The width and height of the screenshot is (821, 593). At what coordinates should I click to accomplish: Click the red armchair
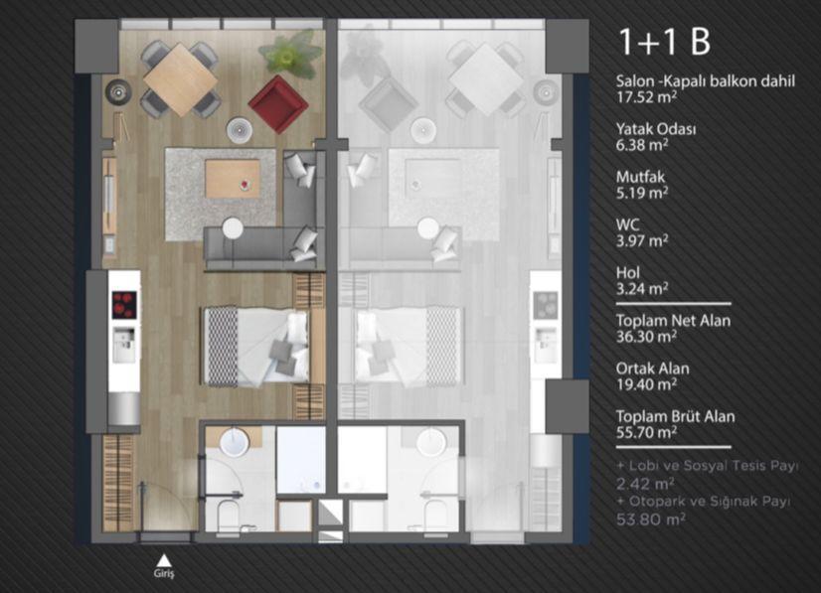(x=277, y=104)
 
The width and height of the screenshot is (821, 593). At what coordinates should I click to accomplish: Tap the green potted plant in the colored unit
(x=289, y=53)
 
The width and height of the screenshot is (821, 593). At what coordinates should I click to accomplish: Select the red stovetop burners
(x=124, y=305)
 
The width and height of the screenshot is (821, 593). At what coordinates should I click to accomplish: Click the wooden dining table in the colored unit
(x=180, y=79)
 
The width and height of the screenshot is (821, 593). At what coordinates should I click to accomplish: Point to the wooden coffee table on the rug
(x=233, y=179)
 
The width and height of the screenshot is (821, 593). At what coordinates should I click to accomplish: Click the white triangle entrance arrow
(x=164, y=560)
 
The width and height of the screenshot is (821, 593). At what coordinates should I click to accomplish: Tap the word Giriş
(x=164, y=573)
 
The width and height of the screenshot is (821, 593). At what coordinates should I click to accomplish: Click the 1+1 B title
(x=664, y=42)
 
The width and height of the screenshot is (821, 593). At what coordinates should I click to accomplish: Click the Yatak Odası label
(x=656, y=129)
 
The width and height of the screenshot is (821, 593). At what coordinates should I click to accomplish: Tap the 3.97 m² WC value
(x=642, y=240)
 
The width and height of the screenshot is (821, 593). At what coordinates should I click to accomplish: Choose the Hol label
(x=628, y=272)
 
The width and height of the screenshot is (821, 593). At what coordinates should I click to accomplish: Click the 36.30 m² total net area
(x=646, y=337)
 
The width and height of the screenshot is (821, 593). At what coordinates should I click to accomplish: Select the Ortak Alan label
(x=652, y=369)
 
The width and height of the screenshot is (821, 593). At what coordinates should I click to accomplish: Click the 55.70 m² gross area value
(x=646, y=432)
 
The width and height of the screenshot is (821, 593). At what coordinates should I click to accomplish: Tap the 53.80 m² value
(x=651, y=519)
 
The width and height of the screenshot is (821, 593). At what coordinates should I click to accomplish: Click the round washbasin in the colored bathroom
(x=234, y=442)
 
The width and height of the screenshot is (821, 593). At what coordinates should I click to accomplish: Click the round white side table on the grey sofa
(x=233, y=228)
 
